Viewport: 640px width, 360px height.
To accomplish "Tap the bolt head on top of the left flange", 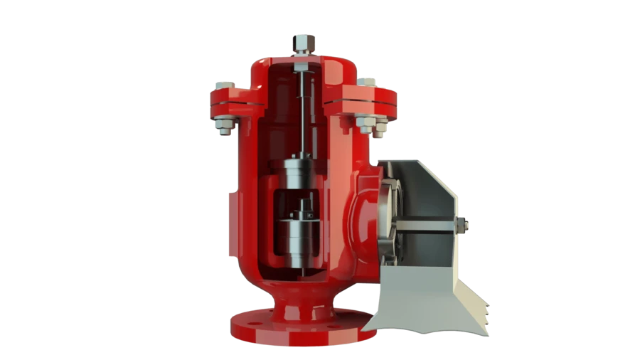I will tap(223, 85).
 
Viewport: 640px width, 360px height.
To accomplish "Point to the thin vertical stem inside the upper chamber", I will tap(302, 114).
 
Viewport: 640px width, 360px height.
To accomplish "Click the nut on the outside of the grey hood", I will tap(466, 227).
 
